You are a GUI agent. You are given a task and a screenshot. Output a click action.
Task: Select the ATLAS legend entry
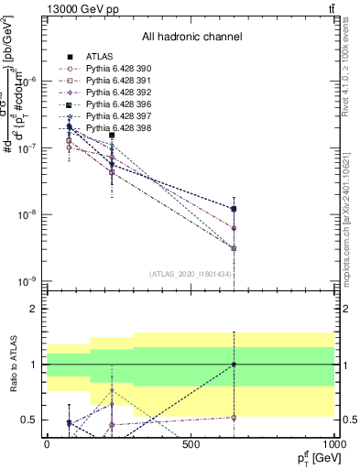pyautogui.click(x=92, y=57)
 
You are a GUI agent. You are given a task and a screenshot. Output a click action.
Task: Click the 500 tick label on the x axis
pyautogui.click(x=191, y=444)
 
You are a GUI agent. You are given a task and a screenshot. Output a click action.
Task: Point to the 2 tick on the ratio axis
pyautogui.click(x=33, y=309)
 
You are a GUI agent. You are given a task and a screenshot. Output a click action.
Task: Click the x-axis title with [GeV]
pyautogui.click(x=311, y=457)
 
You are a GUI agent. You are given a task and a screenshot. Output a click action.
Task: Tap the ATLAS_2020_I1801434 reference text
pyautogui.click(x=191, y=274)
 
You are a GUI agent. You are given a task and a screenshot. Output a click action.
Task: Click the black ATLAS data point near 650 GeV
pyautogui.click(x=235, y=209)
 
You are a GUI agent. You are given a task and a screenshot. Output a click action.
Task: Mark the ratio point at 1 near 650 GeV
pyautogui.click(x=235, y=364)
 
